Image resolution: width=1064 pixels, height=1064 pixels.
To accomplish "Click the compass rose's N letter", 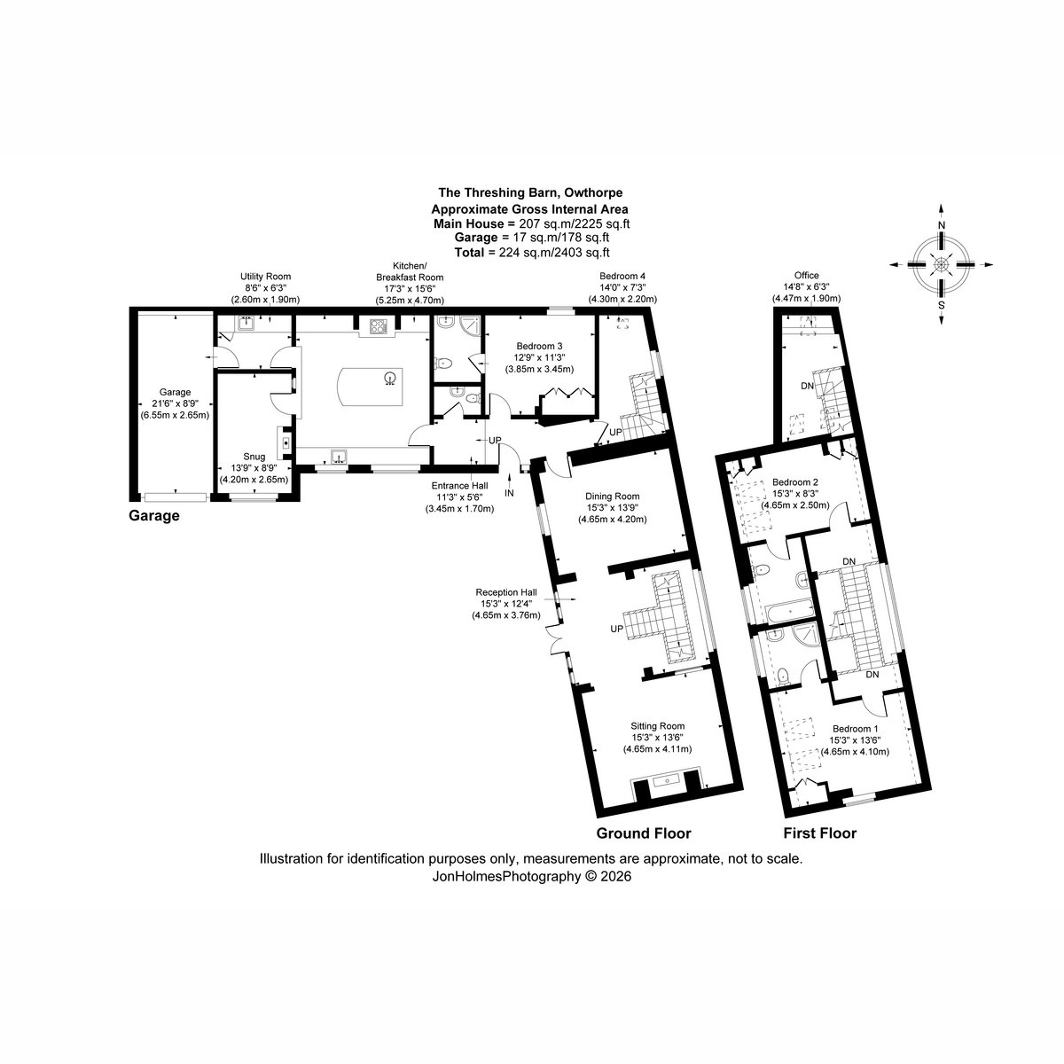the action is tap(942, 226).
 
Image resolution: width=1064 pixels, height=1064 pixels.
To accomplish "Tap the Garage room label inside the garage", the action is tap(175, 393).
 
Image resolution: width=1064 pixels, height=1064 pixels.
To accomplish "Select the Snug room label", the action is tap(254, 457).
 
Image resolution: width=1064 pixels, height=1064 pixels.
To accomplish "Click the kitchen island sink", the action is tap(391, 379).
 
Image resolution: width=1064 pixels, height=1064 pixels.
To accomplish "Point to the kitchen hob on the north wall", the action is tap(379, 327).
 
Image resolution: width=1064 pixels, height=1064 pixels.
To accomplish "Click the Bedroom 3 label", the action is tap(539, 346).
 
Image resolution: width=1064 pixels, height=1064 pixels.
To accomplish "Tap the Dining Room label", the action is tap(613, 497).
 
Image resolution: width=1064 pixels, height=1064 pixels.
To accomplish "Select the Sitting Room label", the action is tap(658, 726).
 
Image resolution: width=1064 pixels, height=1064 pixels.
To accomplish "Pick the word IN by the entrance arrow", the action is tap(509, 493).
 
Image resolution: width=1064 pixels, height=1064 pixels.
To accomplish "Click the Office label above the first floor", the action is tap(806, 276).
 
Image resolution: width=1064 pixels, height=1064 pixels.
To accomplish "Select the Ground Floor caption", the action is tap(643, 833).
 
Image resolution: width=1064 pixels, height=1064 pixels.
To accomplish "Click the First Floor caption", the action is tap(820, 833).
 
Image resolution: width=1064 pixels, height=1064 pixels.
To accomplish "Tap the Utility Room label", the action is tap(265, 277).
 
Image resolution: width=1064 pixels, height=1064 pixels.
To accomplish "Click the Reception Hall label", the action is tap(505, 592).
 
